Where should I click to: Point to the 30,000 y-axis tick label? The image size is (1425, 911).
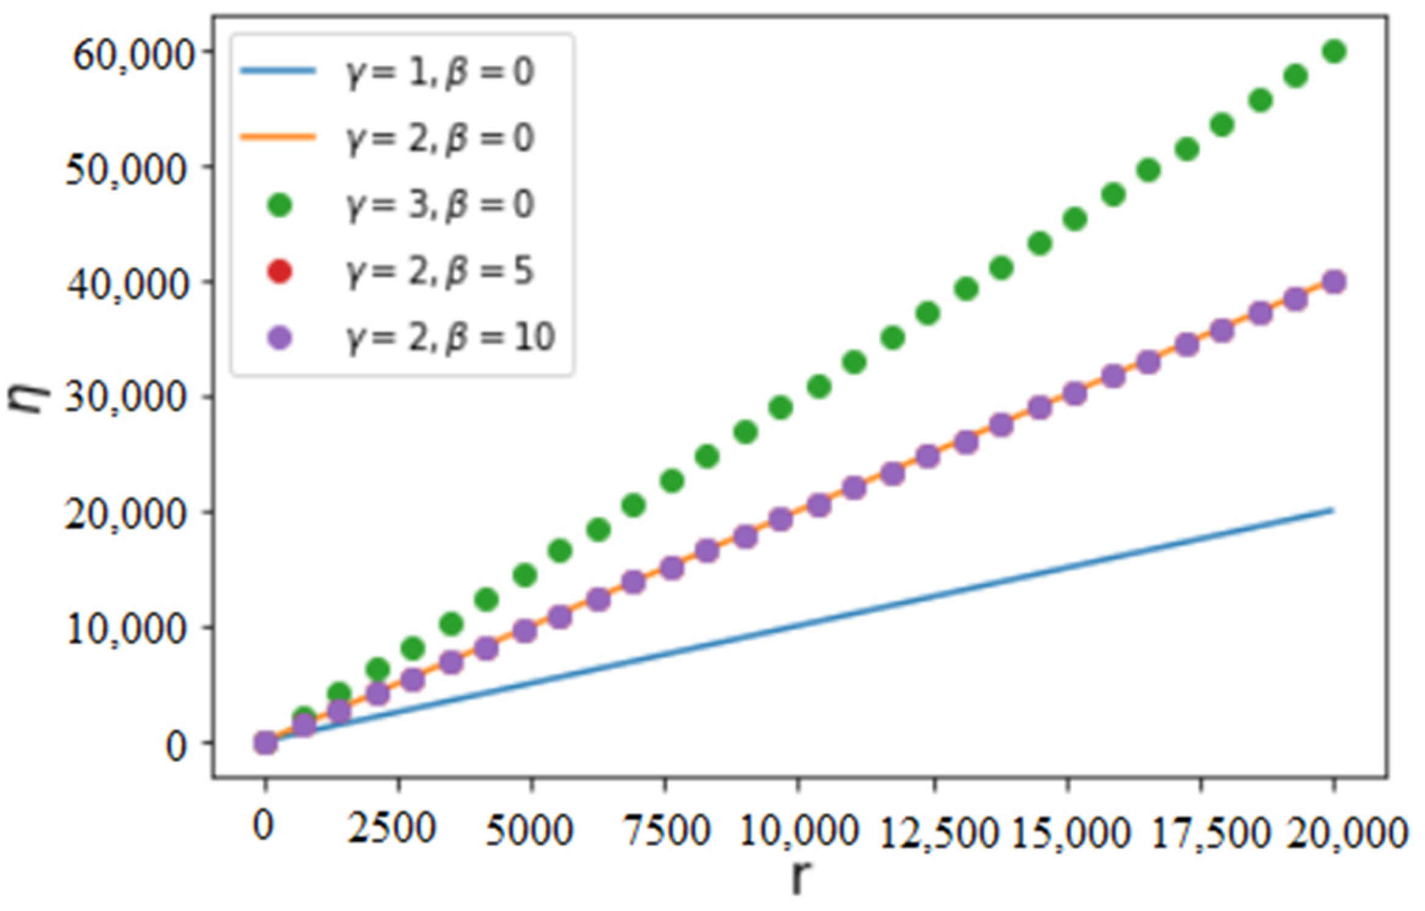click(125, 398)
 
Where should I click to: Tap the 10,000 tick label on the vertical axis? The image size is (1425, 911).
click(125, 628)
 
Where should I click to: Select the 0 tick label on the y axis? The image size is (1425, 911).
click(177, 745)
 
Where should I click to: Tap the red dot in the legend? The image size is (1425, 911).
click(280, 271)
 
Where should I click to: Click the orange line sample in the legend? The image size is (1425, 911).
click(279, 138)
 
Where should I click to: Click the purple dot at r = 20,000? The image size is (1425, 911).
click(1334, 283)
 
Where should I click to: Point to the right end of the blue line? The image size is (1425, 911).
click(1333, 510)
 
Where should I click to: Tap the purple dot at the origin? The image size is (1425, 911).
click(266, 743)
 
